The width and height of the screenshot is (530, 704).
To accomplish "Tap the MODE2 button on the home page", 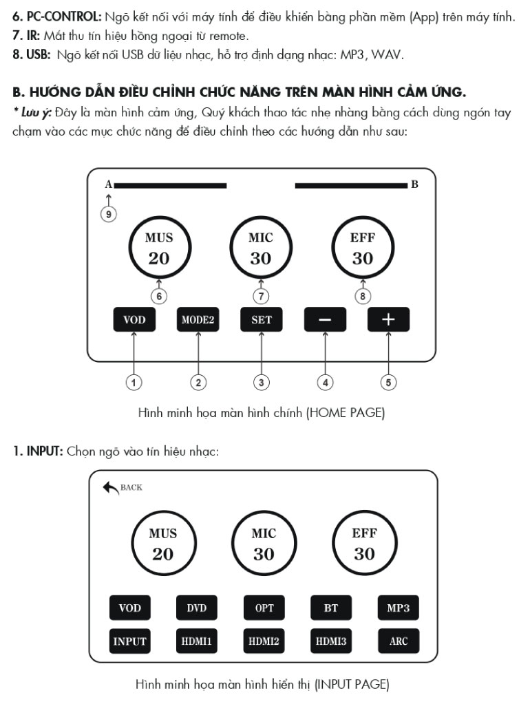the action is coord(198,320).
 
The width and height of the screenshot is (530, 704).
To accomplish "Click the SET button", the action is coord(262,320).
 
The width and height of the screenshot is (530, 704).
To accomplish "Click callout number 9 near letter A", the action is coord(108,214).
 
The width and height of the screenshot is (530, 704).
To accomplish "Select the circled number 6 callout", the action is coord(159,297).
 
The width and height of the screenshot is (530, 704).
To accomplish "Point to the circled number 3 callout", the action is coord(261,383).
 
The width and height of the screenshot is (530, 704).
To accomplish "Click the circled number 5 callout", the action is coord(388,383).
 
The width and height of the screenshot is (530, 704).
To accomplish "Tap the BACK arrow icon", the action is coord(111,488).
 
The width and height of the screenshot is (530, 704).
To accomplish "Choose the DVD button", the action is coord(197,608).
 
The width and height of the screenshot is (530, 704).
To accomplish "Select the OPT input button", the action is coord(264,608).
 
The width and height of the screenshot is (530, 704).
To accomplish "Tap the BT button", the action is coord(331,608).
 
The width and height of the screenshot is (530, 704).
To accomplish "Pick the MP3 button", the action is coord(399,608).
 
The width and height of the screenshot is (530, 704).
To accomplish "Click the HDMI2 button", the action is coord(264,641).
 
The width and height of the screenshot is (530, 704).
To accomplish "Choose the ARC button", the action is coord(399,641).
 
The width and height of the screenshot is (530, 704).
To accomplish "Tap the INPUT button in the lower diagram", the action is coord(130,641).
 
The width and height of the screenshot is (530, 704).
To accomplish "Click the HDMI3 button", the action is coord(331,641).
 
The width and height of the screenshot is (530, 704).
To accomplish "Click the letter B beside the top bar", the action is coord(414,184).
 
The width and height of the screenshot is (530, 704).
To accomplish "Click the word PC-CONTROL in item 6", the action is coord(64,17).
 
